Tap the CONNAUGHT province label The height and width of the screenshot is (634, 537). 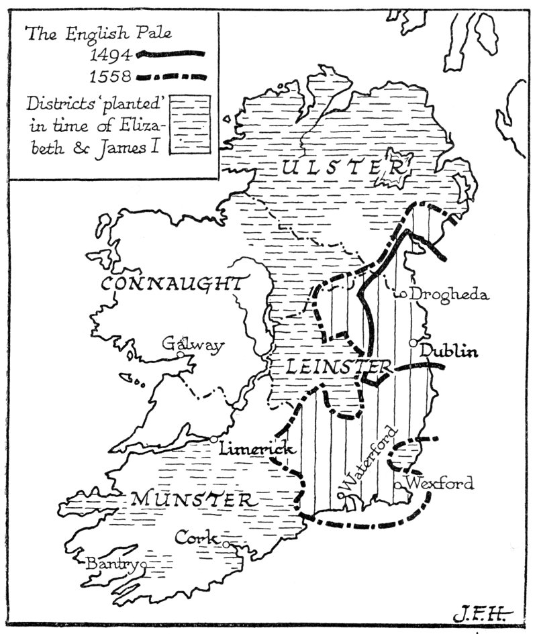(x=171, y=284)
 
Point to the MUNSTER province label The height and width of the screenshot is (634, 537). (x=193, y=499)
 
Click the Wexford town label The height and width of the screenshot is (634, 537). (x=440, y=483)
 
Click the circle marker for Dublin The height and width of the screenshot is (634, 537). (x=413, y=343)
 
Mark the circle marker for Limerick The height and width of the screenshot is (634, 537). (x=213, y=439)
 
